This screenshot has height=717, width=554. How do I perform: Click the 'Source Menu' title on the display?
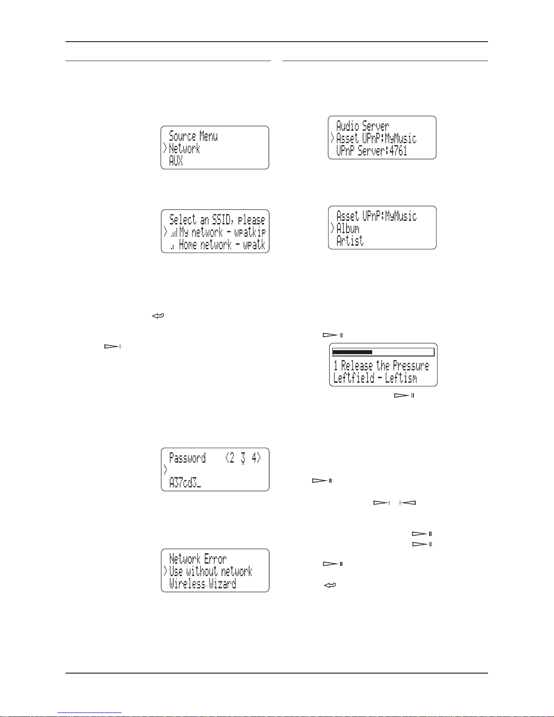pos(193,136)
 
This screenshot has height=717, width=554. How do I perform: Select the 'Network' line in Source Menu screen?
pos(185,148)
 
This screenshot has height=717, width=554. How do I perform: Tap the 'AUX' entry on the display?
pos(176,161)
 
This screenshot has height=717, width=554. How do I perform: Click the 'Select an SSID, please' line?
pos(217,219)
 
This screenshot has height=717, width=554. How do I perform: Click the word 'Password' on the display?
pos(187,458)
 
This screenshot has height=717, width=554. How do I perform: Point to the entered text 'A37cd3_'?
pos(185,483)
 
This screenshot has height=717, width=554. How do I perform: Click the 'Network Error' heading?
pos(198,559)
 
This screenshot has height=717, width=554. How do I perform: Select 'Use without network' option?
pos(211,571)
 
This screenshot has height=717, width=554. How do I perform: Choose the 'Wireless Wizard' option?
pos(203,584)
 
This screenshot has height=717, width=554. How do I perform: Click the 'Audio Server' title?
pos(363,126)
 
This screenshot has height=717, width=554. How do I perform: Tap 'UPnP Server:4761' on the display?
pos(372,151)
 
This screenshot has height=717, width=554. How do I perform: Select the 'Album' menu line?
pos(348,228)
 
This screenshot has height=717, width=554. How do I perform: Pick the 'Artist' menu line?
pos(350,241)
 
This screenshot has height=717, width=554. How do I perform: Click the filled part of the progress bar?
pos(352,352)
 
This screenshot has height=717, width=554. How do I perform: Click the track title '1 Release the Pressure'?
pos(381,366)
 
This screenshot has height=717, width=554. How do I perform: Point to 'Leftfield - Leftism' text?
pos(375,378)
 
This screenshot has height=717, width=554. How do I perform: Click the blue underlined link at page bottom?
pos(90,713)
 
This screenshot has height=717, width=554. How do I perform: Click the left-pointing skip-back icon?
pos(407,503)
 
